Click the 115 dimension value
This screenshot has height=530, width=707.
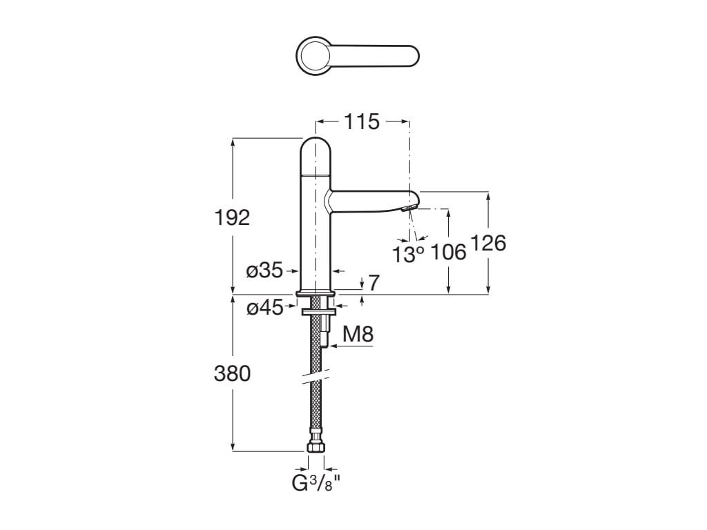coord(362,122)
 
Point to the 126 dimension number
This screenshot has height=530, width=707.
coord(488,243)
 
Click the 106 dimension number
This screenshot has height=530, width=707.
coord(448,253)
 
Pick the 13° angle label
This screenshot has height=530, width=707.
coord(408,254)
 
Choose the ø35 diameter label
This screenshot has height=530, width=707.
coord(265,271)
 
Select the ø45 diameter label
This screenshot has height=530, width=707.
coord(265,308)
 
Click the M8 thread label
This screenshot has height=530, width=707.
coord(358,335)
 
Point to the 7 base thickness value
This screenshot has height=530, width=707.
coord(374,282)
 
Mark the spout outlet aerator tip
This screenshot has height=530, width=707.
coord(410,208)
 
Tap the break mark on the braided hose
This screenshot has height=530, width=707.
coord(316,375)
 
